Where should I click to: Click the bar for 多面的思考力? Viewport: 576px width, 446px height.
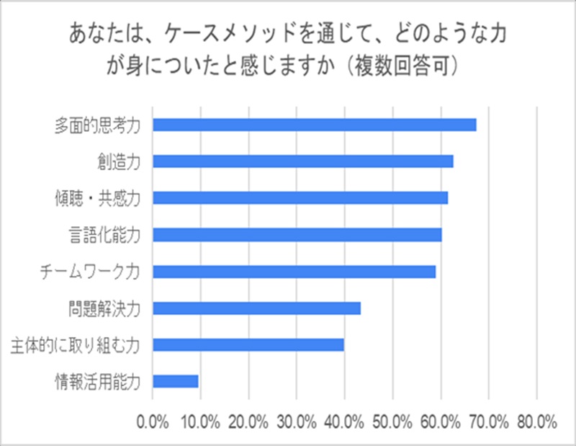click(x=315, y=125)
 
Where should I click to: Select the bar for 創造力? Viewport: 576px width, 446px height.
click(x=303, y=161)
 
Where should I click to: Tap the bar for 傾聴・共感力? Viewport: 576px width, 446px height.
click(x=300, y=198)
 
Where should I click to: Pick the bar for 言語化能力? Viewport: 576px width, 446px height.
click(x=297, y=235)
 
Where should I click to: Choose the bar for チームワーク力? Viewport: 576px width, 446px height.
click(x=294, y=272)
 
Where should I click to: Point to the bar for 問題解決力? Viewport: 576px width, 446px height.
click(x=257, y=308)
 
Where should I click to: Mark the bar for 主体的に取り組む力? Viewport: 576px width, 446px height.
click(x=248, y=345)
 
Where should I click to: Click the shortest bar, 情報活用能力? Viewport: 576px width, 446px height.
click(x=176, y=381)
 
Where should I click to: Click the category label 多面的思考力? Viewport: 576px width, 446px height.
click(x=97, y=126)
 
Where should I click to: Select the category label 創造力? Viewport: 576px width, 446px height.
click(x=119, y=162)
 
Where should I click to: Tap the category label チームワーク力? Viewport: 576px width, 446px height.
click(x=90, y=272)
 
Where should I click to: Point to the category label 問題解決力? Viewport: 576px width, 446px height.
click(x=104, y=309)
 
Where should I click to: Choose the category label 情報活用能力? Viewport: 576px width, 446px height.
click(x=97, y=382)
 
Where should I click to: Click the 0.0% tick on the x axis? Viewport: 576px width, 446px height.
click(x=153, y=422)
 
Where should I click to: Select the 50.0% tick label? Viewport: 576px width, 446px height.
click(x=392, y=422)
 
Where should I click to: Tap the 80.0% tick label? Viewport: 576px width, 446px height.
click(x=537, y=422)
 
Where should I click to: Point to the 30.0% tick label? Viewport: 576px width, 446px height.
click(x=297, y=422)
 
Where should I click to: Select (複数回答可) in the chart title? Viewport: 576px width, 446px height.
click(x=402, y=66)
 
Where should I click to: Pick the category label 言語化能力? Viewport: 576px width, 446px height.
click(x=104, y=236)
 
